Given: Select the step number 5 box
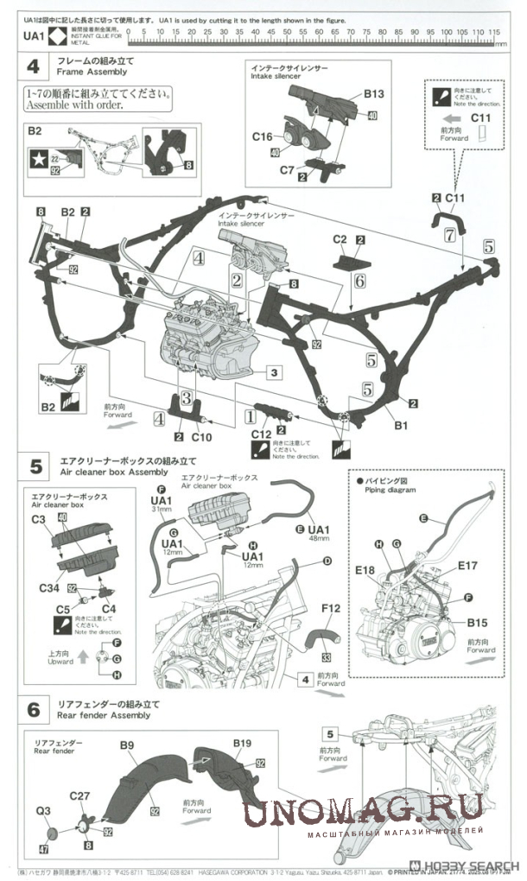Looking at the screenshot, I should [34, 466].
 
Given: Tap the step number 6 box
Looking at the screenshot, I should [34, 710].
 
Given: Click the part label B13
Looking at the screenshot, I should [373, 93].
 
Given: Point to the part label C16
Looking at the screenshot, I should [262, 136].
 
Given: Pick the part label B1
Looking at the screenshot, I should [400, 425].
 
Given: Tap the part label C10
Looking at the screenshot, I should [200, 437].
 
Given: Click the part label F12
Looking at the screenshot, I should [330, 610].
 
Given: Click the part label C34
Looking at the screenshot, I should [50, 587].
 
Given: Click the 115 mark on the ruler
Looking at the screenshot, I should [494, 31].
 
